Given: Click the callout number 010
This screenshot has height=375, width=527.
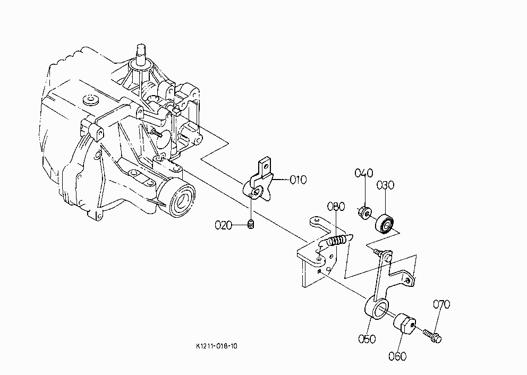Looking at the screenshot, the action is click(x=298, y=180).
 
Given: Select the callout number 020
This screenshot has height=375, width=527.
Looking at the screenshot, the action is click(x=223, y=225).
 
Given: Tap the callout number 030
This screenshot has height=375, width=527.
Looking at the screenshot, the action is click(x=385, y=185).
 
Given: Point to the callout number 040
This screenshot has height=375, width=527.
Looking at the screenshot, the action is click(x=364, y=173).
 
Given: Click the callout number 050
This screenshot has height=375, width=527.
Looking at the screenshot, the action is click(x=367, y=339).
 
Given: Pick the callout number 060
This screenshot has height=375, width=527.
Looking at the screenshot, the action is click(x=397, y=356).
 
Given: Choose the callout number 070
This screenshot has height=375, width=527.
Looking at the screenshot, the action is click(x=441, y=304).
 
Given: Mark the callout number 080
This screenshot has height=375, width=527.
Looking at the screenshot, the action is click(x=336, y=207).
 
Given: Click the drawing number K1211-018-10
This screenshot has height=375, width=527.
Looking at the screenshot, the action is click(x=216, y=346).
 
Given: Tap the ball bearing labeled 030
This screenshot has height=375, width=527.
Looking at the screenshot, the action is click(x=384, y=223).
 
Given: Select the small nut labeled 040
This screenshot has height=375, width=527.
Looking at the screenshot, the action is click(x=364, y=212).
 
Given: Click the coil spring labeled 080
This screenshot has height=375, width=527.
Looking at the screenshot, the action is click(x=336, y=241).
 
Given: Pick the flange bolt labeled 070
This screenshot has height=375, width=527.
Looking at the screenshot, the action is click(x=432, y=336).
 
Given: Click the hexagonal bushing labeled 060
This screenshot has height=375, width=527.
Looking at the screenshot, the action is click(x=403, y=323).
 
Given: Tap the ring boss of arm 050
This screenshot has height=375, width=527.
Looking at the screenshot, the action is click(x=377, y=307).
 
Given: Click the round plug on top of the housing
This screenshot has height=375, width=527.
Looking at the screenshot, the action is click(x=90, y=100).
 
